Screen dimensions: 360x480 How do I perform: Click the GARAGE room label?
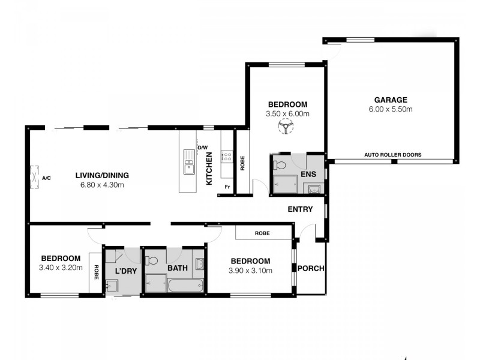point(391,100)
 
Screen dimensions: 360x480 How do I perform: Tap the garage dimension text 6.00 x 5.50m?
point(391,109)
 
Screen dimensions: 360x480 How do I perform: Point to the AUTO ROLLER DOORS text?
point(392,155)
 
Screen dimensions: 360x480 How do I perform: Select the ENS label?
point(308,175)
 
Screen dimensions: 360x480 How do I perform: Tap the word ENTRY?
point(300,209)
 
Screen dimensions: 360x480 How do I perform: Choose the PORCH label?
point(311,268)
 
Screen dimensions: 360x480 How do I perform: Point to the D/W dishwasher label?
point(202,148)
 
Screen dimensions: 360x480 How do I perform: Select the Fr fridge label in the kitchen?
point(227,187)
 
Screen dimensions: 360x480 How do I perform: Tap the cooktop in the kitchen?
point(227,157)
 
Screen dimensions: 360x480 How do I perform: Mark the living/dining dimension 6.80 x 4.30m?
point(102,185)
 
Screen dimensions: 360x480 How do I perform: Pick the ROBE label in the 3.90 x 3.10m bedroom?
point(262,233)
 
